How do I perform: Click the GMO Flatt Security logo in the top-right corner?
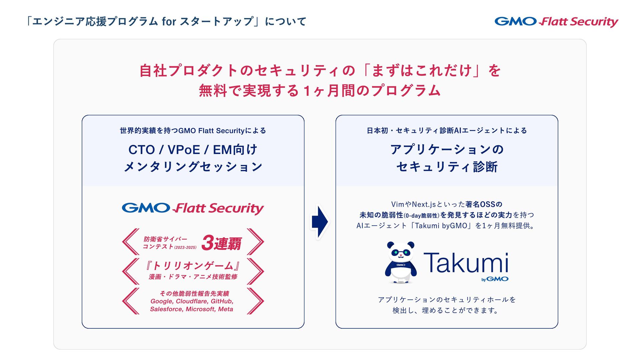tap(556, 22)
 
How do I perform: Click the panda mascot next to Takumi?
tap(401, 263)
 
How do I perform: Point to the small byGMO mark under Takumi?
tap(495, 279)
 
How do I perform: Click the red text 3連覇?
tap(221, 243)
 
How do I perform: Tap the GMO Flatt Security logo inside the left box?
tap(193, 208)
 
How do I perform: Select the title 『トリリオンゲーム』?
tap(193, 266)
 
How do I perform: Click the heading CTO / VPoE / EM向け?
tap(193, 150)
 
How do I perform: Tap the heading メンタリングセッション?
tap(193, 167)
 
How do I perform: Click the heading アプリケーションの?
tap(447, 149)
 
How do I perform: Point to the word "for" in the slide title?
tap(169, 22)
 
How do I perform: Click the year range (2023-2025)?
tap(185, 248)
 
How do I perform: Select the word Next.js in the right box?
tap(424, 204)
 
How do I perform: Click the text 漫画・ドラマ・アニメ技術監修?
tap(193, 277)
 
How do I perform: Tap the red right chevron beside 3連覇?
tap(255, 242)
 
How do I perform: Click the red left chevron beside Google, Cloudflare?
tap(131, 301)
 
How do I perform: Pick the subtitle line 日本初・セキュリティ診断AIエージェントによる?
tap(447, 131)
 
